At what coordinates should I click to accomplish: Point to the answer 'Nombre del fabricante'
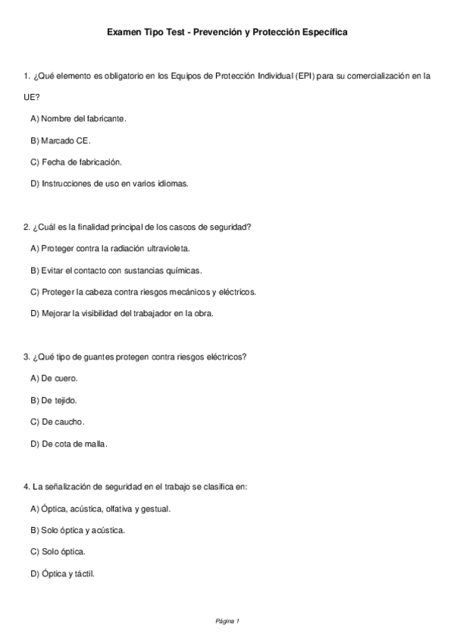point(78,119)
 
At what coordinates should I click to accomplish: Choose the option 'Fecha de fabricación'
point(76,162)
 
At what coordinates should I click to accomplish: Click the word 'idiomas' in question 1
point(172,183)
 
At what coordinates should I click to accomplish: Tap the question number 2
point(27,227)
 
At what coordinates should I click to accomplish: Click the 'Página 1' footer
point(227,621)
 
